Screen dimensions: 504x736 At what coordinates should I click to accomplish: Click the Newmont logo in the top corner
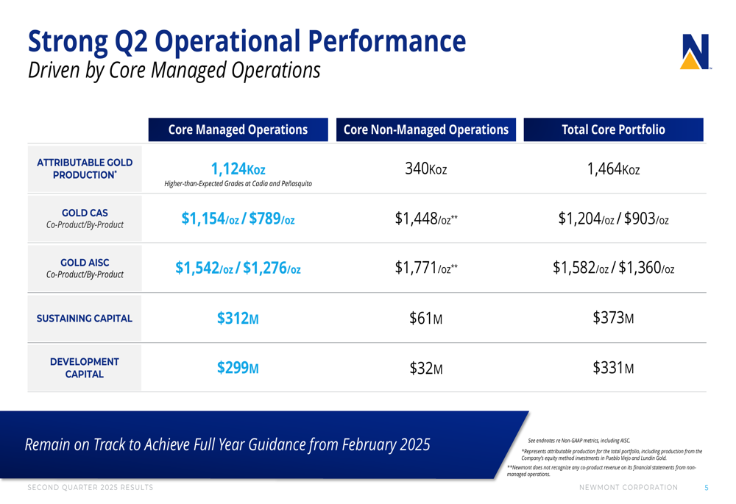pos(696,52)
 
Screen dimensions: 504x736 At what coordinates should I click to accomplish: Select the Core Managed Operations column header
pos(238,129)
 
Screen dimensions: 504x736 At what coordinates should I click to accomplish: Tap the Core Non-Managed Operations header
pos(426,129)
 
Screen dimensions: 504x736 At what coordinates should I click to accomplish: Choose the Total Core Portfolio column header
pos(613,129)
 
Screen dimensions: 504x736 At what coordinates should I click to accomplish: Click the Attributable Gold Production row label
pos(85,168)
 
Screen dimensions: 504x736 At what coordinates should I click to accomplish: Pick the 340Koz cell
pos(426,169)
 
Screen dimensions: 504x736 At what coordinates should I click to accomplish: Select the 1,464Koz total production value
pos(613,169)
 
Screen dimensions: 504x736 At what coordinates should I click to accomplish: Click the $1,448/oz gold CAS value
pos(426,219)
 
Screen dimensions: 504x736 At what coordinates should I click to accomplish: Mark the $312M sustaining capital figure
pos(238,319)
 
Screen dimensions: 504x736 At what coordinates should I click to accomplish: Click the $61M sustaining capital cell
pos(426,319)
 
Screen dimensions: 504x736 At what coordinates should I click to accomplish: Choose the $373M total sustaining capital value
pos(613,318)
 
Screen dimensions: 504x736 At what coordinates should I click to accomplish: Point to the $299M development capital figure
pos(238,368)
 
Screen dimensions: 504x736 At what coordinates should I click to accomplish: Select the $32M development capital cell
pos(426,368)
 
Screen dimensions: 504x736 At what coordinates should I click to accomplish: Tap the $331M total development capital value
pos(613,367)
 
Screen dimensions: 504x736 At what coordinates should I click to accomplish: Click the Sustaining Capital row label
pos(85,319)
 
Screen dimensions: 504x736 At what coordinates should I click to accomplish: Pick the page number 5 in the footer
pos(707,488)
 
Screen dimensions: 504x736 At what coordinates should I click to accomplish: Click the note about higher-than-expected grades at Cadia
pos(238,183)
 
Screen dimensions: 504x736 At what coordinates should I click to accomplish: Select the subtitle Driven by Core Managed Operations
pos(174,71)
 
